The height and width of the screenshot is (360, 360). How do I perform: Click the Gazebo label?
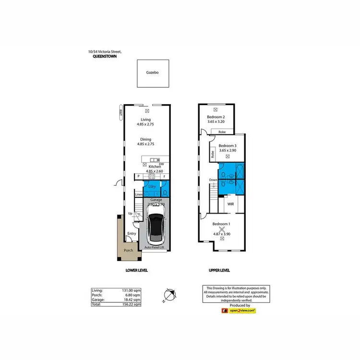tap(152, 73)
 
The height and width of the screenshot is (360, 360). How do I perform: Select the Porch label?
tap(128, 250)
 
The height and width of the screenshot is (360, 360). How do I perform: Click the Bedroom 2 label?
tap(216, 117)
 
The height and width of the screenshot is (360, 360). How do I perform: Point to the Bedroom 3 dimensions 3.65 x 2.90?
tap(228, 151)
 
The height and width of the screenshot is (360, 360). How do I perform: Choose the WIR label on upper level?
tap(231, 204)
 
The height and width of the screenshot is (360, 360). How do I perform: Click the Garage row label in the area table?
tap(99, 299)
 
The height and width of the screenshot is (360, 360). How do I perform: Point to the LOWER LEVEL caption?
tap(136, 271)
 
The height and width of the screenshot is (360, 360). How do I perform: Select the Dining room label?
tap(145, 139)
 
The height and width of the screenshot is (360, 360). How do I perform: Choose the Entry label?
tap(132, 234)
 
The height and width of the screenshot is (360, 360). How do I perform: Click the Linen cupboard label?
tap(139, 194)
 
